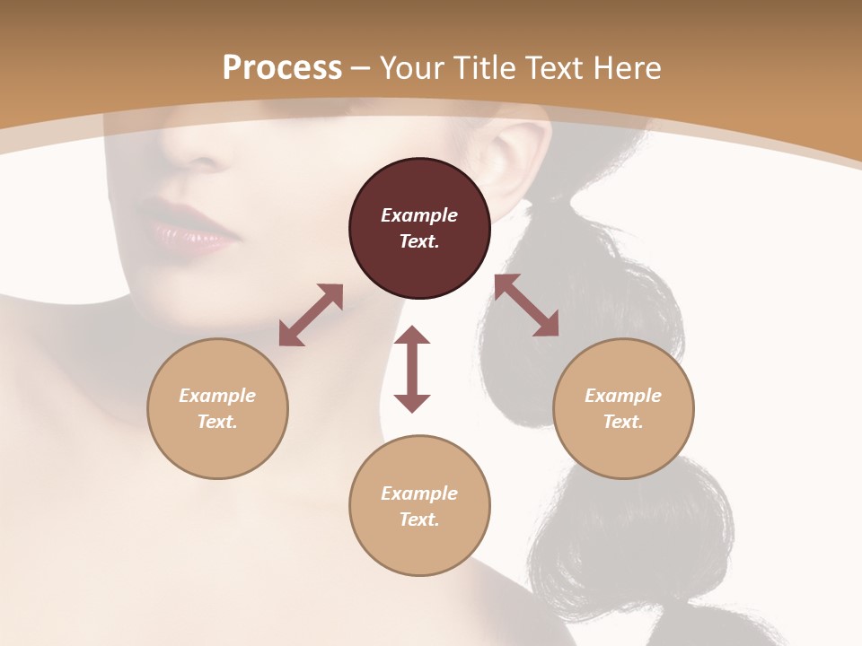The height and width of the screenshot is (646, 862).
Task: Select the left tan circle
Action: pyautogui.click(x=217, y=408)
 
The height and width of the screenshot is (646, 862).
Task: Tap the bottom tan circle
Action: pyautogui.click(x=419, y=505)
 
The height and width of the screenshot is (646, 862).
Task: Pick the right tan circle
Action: pyautogui.click(x=623, y=408)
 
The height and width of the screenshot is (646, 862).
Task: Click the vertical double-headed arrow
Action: pyautogui.click(x=412, y=369)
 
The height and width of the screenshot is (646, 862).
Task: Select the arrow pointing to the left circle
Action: pyautogui.click(x=311, y=315)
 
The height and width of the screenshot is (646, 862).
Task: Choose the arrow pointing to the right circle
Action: pyautogui.click(x=526, y=305)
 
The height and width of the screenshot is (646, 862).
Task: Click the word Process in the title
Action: pyautogui.click(x=282, y=67)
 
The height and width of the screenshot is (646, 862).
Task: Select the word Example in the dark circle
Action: pyautogui.click(x=419, y=215)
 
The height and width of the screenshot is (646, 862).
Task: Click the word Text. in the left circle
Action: pyautogui.click(x=217, y=422)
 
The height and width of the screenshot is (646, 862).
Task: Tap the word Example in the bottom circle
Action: pyautogui.click(x=419, y=493)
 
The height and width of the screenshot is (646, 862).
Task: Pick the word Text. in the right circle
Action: pyautogui.click(x=623, y=422)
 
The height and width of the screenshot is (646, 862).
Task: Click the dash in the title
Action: pyautogui.click(x=361, y=69)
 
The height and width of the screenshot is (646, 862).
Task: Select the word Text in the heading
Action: pyautogui.click(x=556, y=67)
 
